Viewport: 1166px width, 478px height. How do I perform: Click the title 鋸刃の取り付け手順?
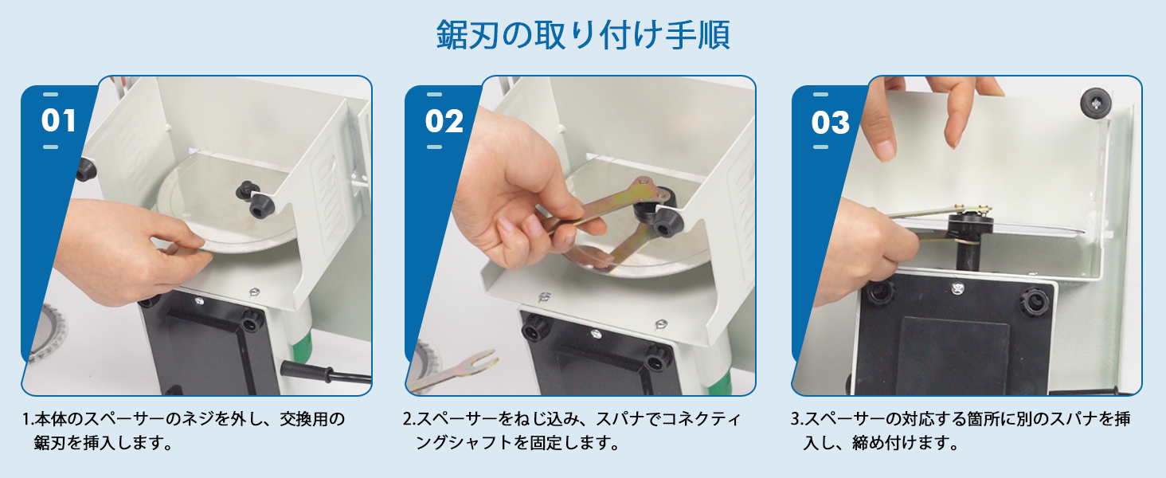[x=583, y=35]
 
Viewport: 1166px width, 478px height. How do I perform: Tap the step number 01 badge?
[x=59, y=121]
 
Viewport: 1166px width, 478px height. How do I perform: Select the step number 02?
[x=444, y=121]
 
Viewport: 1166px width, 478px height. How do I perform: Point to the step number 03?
[x=830, y=123]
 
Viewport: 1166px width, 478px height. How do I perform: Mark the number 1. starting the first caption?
[x=29, y=419]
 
